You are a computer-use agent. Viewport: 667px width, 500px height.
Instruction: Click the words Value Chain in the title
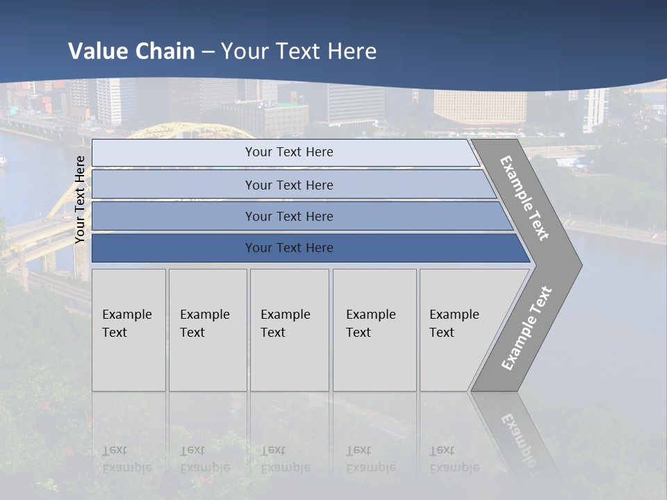131,51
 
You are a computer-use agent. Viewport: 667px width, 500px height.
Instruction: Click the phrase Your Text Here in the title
299,51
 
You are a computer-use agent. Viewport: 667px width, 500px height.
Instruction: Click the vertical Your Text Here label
80,199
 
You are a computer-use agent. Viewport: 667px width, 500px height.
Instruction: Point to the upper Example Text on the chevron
525,198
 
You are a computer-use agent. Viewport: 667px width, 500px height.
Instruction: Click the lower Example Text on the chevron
526,328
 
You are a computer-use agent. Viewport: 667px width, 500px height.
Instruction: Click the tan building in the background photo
479,106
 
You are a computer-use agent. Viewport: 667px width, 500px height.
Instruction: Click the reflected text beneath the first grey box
126,459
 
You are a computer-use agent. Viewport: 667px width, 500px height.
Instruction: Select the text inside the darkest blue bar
289,248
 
